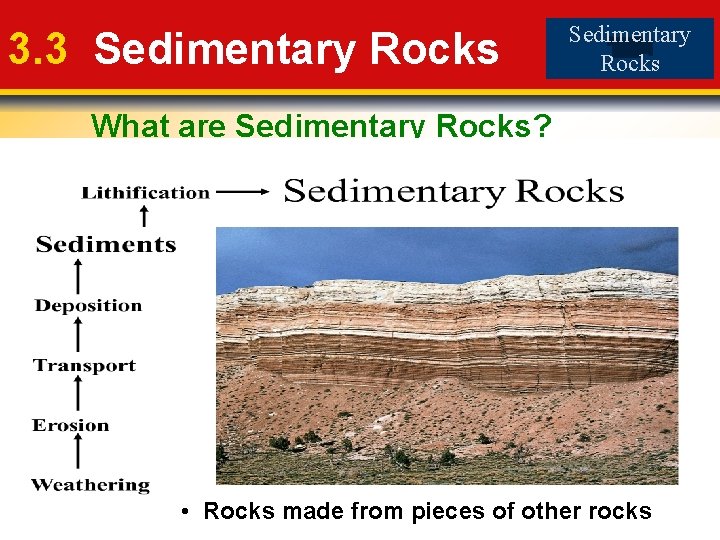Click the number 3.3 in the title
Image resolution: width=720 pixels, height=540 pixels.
[37, 48]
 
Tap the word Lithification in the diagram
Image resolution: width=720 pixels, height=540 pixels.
[146, 192]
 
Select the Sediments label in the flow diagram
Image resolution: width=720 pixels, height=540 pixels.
[106, 244]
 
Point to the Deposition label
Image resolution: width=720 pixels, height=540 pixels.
[89, 305]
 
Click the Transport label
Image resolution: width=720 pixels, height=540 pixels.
[84, 365]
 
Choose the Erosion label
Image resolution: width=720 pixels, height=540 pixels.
[70, 425]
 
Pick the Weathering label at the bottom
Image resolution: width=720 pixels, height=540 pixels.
[90, 485]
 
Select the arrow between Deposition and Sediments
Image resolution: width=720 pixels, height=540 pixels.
[76, 276]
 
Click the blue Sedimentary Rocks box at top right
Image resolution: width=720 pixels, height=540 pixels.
[630, 48]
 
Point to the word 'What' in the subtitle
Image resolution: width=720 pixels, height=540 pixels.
[122, 126]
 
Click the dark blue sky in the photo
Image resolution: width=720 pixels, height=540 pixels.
[400, 250]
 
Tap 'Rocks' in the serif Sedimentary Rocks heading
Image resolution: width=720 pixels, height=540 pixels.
[566, 191]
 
